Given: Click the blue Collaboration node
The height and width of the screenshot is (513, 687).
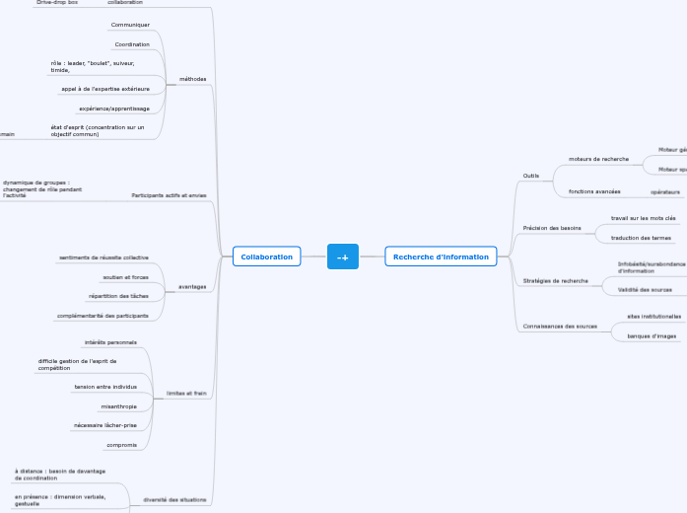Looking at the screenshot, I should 266,256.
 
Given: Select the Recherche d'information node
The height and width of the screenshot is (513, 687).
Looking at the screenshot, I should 441,256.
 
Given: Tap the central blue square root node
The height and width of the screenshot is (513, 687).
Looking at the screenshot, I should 343,256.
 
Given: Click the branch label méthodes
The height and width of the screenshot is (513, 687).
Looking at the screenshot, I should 193,79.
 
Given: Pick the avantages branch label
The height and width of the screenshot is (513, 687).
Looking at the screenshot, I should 192,286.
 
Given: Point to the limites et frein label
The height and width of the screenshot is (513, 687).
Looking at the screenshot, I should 186,393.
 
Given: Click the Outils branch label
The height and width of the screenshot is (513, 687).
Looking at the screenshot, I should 530,176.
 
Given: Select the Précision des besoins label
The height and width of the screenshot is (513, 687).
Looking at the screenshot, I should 551,228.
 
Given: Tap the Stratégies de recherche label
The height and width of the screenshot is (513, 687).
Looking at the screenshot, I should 555,280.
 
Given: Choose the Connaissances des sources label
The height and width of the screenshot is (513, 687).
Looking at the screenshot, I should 560,326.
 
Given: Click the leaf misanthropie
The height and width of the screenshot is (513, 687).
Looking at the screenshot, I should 119,406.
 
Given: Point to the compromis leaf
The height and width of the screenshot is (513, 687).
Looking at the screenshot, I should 121,445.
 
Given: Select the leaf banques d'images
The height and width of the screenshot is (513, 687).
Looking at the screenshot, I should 652,336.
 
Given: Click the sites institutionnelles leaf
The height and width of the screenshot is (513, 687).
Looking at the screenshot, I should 653,317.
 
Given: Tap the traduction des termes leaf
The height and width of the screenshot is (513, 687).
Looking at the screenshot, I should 641,238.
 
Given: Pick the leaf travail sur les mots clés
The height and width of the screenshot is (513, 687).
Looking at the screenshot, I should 643,218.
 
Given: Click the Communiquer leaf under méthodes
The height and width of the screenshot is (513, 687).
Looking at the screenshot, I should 130,25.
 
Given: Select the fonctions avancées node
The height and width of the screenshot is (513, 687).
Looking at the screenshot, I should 594,191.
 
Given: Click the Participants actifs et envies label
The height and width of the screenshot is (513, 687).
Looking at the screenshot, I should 169,195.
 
